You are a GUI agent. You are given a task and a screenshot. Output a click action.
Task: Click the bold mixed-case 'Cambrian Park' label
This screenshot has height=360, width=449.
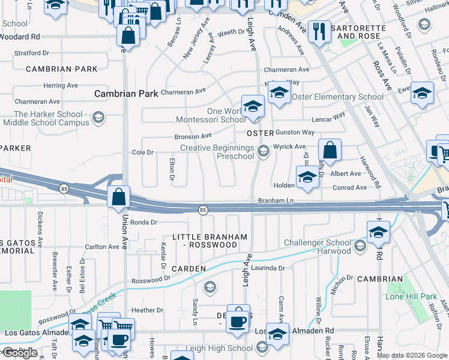126,94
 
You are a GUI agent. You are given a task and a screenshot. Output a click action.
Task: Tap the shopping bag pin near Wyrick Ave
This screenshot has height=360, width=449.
330,150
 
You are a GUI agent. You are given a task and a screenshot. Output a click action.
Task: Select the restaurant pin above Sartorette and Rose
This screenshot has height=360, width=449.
319,30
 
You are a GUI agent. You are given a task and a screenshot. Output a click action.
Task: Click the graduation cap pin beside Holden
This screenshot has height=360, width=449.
307,178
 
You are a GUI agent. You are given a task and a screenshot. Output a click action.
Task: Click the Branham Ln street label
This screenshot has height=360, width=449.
276,200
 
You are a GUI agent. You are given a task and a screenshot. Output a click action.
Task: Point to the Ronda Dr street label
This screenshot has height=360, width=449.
143,222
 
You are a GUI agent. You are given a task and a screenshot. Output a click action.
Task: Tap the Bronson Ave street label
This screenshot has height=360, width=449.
193,137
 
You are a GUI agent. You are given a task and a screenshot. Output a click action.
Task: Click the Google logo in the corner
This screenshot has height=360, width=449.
20,353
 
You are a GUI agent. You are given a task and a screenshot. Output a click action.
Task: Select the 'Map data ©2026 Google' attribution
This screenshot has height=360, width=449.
412,356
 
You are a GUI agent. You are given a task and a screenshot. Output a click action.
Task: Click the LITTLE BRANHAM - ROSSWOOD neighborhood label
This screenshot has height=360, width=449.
209,241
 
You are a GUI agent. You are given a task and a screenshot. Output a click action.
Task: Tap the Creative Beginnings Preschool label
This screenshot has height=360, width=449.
217,152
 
